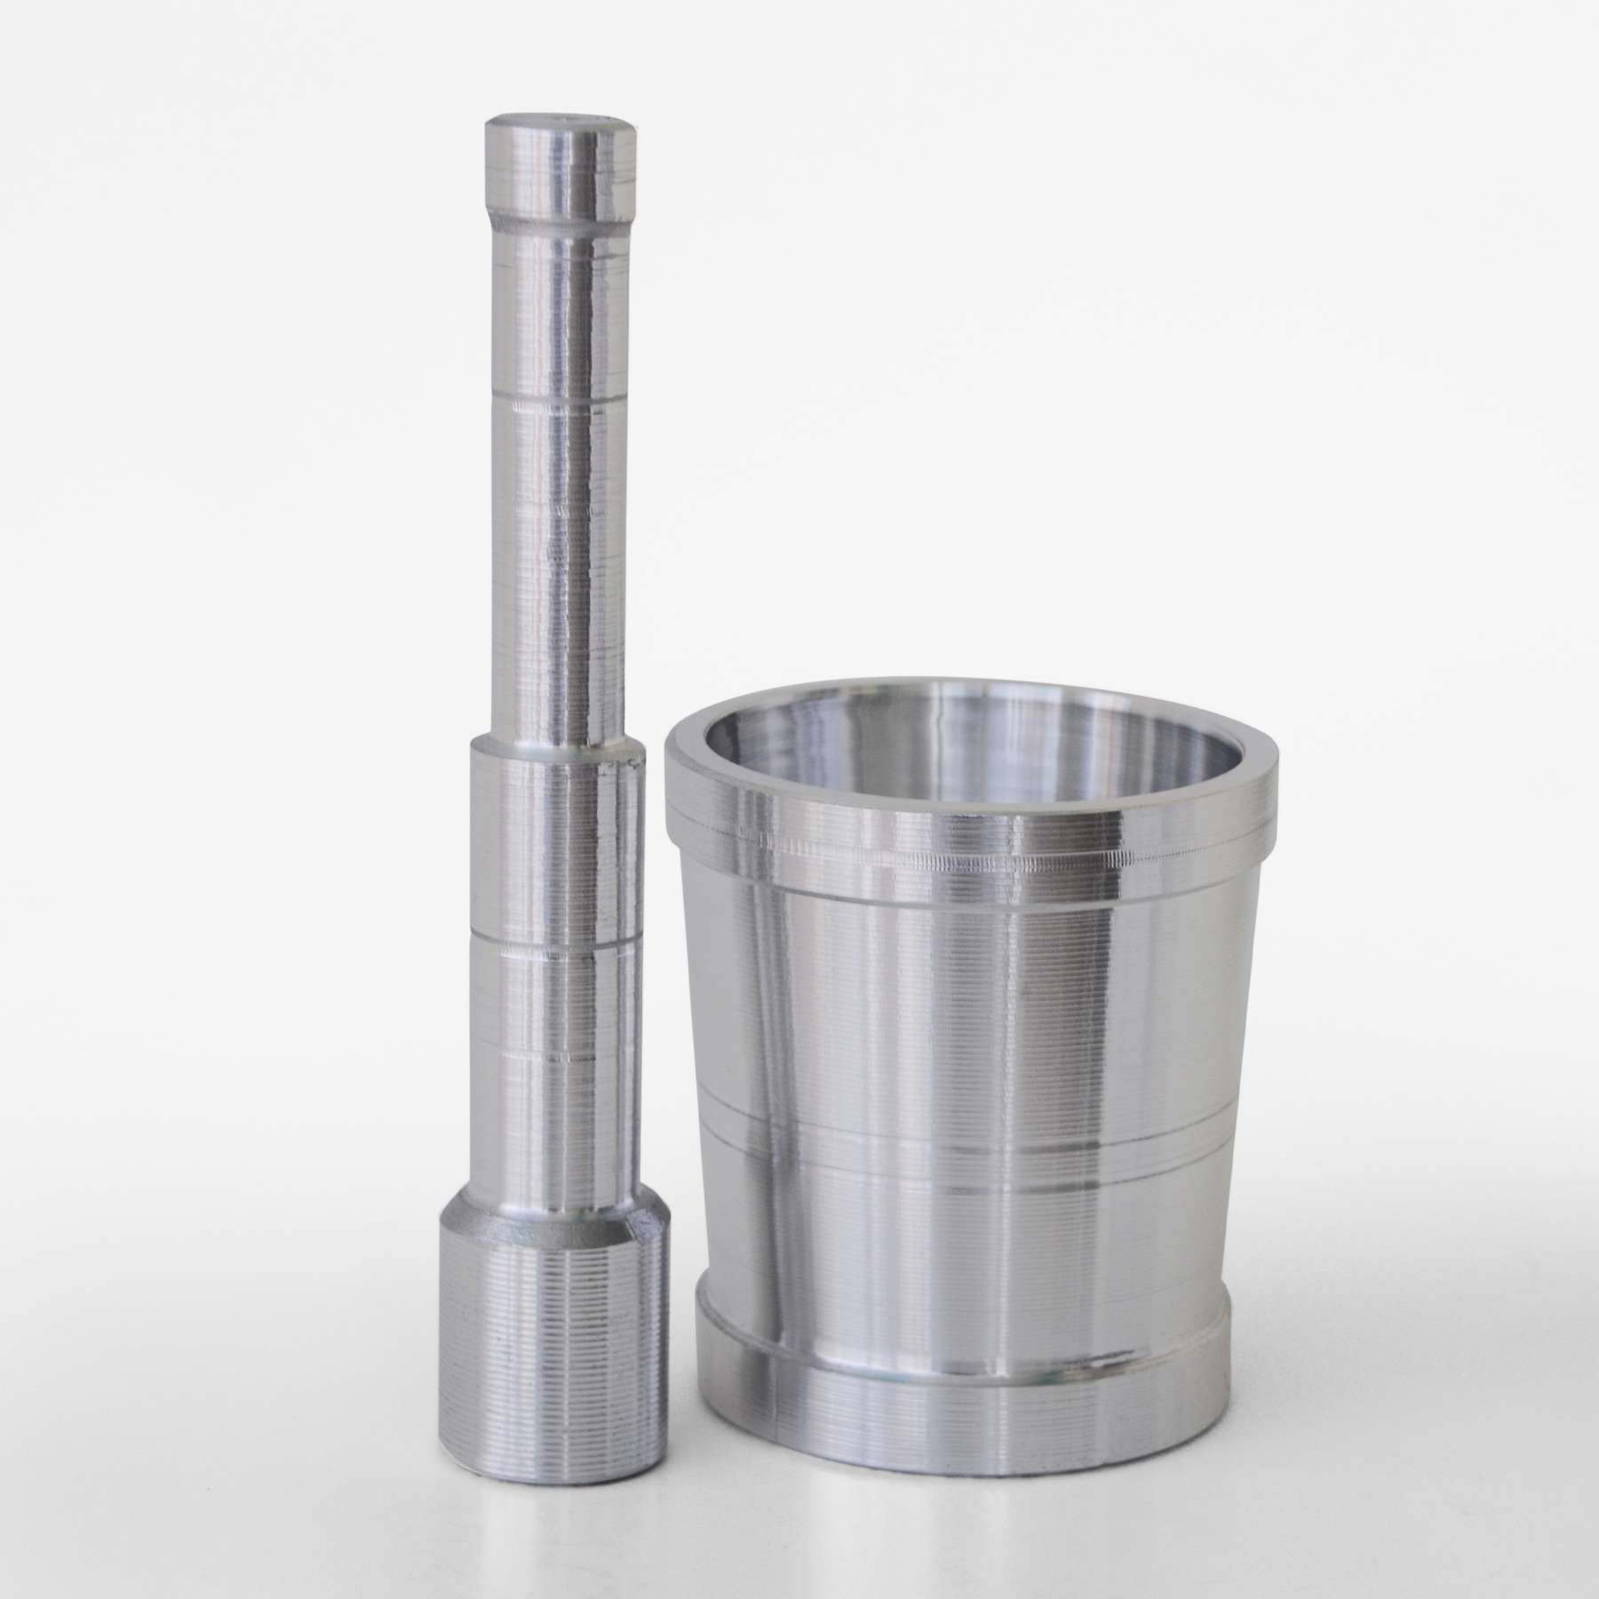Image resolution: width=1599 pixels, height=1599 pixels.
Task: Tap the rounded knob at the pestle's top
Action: point(558,174)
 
